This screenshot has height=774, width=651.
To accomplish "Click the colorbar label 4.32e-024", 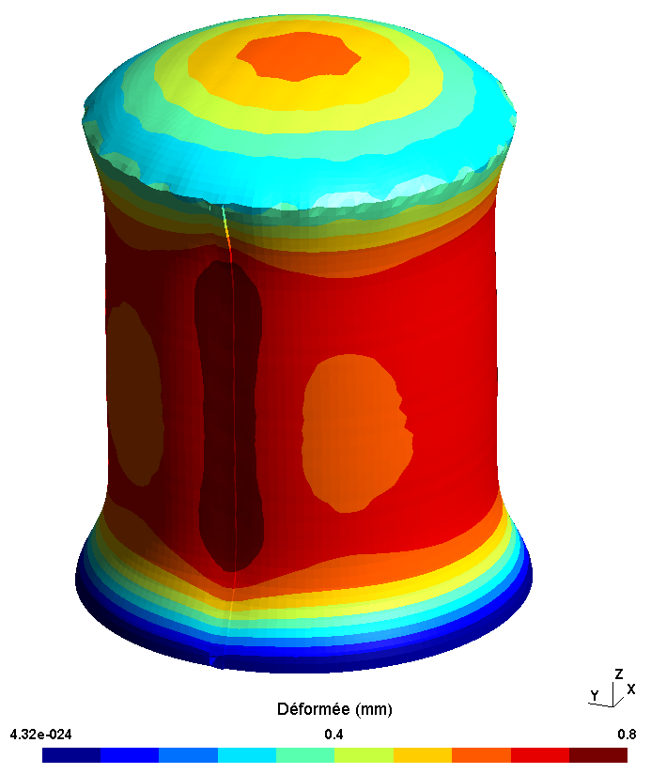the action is point(40,735).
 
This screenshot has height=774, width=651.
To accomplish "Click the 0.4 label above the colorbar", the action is point(333,735).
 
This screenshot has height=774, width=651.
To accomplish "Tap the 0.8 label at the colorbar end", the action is point(627,735).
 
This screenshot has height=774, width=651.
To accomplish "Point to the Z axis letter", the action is point(618,673).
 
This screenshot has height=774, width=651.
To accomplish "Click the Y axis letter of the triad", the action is point(595,695).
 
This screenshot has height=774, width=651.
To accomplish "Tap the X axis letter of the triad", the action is point(630,689).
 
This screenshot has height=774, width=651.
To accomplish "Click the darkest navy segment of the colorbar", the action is point(71,755).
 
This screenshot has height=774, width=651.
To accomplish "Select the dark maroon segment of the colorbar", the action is point(598,755).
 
